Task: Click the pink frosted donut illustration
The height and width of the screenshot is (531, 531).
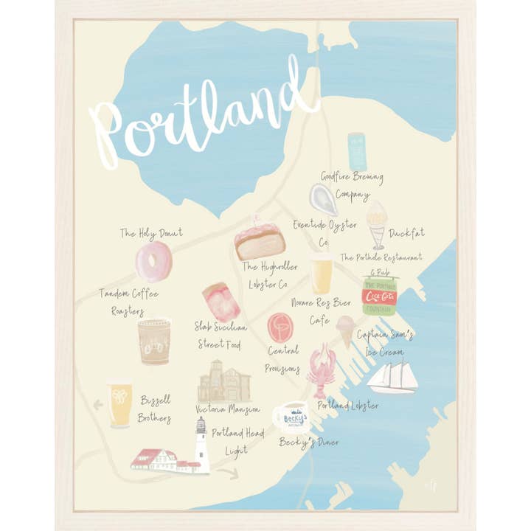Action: (153, 261)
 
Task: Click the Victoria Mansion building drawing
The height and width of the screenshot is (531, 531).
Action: (224, 382)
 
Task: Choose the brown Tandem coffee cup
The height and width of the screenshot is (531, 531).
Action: (154, 341)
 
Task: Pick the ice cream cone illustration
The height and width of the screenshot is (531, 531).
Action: (345, 330)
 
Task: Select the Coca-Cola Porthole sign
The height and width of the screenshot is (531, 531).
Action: (380, 295)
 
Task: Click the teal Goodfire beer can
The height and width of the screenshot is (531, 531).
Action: (358, 151)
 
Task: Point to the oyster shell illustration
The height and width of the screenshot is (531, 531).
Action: (324, 198)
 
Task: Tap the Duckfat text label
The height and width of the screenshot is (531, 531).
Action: (406, 233)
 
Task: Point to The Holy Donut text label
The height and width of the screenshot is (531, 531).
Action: (151, 233)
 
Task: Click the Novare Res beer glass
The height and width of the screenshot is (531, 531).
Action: (322, 274)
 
